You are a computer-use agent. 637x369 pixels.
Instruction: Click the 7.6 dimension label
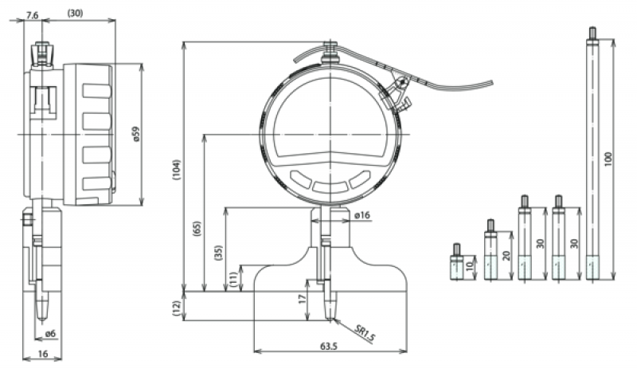pos(33,14)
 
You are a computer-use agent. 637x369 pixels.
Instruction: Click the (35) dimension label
pos(218,254)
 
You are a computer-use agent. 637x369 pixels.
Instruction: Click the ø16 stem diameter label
pos(361,215)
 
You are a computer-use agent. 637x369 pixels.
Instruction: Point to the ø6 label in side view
pos(49,332)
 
